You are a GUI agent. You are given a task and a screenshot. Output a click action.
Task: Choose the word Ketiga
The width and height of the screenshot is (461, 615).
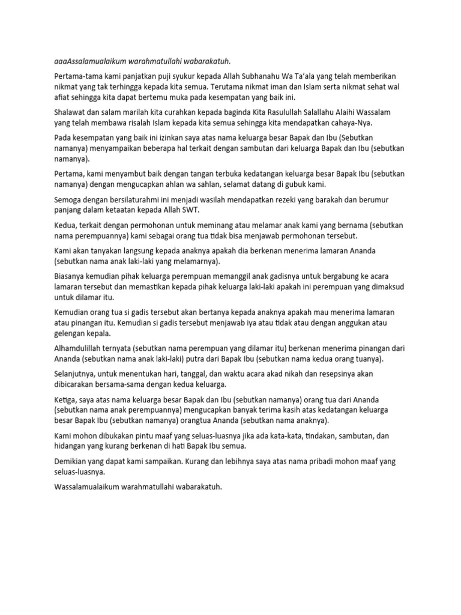(65, 399)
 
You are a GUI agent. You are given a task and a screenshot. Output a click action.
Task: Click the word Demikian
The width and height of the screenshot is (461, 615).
(70, 462)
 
